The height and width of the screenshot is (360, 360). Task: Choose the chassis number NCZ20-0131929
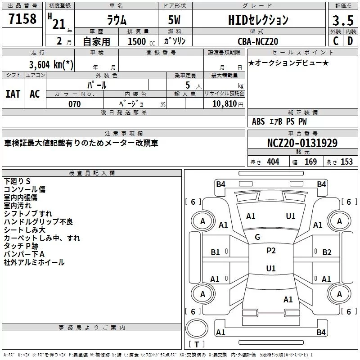(x=302, y=143)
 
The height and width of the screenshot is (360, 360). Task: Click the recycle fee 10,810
(x=224, y=104)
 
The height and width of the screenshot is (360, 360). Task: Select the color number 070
(x=74, y=104)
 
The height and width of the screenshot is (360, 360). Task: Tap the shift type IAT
(x=13, y=94)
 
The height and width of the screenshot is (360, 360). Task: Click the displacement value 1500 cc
(x=138, y=41)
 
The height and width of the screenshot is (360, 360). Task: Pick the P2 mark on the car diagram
(x=271, y=251)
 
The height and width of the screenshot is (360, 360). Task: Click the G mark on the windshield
(x=257, y=237)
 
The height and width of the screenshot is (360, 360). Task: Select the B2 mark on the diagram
(x=327, y=252)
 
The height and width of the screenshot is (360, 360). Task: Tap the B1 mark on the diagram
(x=216, y=252)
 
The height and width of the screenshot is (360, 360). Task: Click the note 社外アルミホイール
(x=34, y=262)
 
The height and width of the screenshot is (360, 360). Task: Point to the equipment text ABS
(x=258, y=121)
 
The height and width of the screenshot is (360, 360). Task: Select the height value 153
(x=346, y=162)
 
